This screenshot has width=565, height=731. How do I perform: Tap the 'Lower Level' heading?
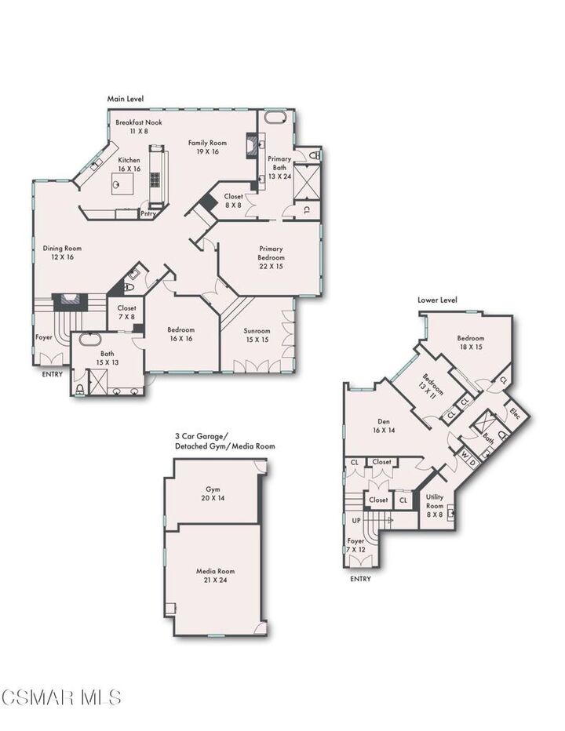point(437,300)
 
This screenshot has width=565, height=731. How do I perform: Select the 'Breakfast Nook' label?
point(137,123)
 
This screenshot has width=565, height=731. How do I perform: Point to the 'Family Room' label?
point(207,143)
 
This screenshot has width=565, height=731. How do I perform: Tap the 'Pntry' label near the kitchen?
point(148,213)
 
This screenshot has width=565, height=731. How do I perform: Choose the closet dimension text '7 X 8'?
point(126,317)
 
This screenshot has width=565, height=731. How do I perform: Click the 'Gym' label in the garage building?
point(212,489)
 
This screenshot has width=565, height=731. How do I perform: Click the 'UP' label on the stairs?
point(356,520)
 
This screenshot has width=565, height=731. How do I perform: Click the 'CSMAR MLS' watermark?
point(61,696)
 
